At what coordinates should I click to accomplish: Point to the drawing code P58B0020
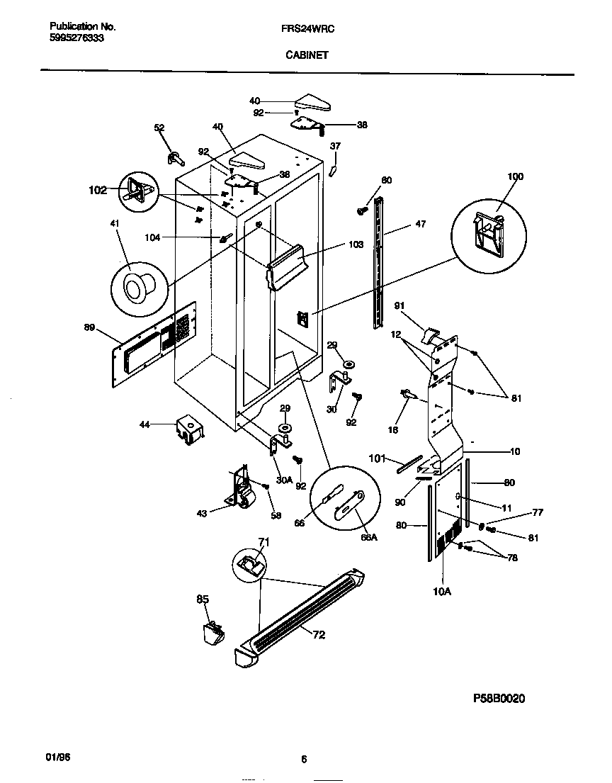tap(499, 698)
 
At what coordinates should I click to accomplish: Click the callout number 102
tap(97, 190)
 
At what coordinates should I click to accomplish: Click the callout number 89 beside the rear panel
tap(89, 327)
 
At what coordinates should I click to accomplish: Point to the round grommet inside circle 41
tap(134, 286)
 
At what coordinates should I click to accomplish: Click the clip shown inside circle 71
tap(250, 564)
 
